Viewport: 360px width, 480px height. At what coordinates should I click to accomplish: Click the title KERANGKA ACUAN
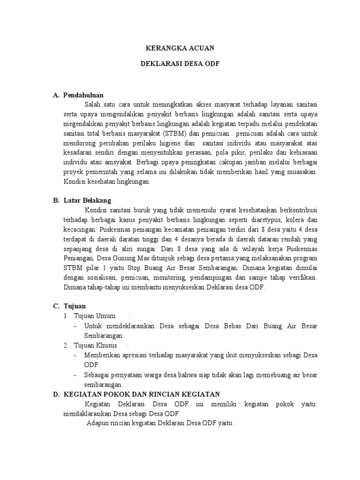pyautogui.click(x=180, y=48)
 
